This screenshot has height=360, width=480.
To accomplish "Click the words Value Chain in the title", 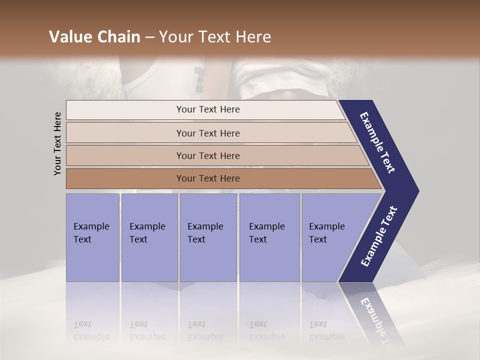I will [x=94, y=37].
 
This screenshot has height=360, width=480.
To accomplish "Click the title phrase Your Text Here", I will [x=215, y=37].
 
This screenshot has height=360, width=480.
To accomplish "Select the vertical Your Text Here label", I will [x=57, y=143].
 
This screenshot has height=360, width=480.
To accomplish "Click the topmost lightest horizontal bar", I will [x=125, y=110].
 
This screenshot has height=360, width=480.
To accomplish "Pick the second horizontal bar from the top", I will [x=125, y=133].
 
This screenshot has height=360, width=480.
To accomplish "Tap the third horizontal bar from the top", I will [x=125, y=155].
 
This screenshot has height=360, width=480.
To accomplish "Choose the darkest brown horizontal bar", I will [x=125, y=178].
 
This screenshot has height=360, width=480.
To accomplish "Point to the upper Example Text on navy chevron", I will [x=377, y=142].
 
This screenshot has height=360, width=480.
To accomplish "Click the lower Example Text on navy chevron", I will [x=379, y=236].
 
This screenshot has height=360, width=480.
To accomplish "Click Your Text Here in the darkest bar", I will [x=208, y=178].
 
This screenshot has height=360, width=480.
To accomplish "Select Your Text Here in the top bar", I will [x=208, y=109].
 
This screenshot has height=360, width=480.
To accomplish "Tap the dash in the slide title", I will [x=149, y=37].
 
